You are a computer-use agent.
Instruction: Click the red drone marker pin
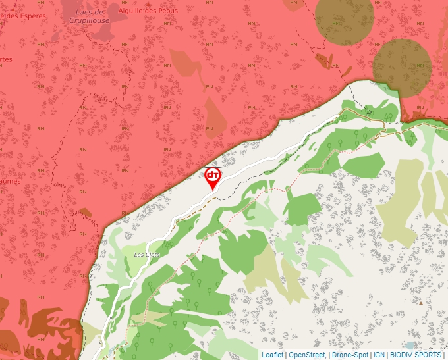tap(212, 176)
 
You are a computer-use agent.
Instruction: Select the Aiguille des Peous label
tap(148, 11)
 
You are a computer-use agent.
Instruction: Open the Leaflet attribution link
tap(272, 355)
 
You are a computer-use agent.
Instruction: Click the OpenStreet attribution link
tap(307, 355)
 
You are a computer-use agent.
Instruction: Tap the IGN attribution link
tap(379, 355)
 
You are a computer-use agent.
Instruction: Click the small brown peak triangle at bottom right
tap(420, 303)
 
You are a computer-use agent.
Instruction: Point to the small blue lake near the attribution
tap(411, 345)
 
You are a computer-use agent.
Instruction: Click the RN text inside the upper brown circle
tap(337, 24)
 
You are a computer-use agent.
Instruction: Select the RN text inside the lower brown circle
tap(420, 66)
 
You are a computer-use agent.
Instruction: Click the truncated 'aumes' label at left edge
tap(10, 181)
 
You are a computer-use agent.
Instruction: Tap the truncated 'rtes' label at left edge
tap(6, 59)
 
